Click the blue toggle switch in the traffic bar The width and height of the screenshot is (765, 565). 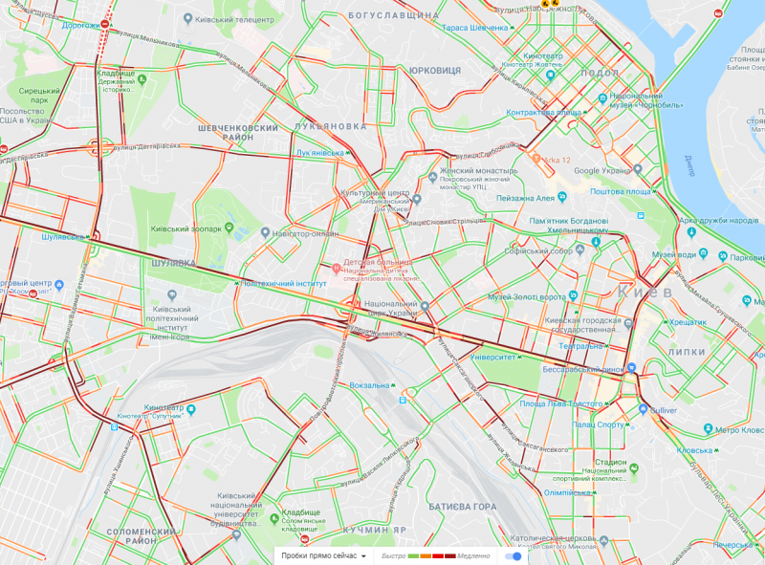(514, 555)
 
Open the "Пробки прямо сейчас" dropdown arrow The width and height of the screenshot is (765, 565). (364, 556)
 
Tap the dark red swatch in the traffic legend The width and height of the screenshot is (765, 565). (449, 556)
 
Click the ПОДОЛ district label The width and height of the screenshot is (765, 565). (601, 73)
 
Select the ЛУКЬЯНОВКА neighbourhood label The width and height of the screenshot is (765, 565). (331, 125)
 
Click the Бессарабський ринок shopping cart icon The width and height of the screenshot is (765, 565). (632, 368)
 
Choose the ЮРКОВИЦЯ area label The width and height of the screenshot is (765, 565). (434, 71)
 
